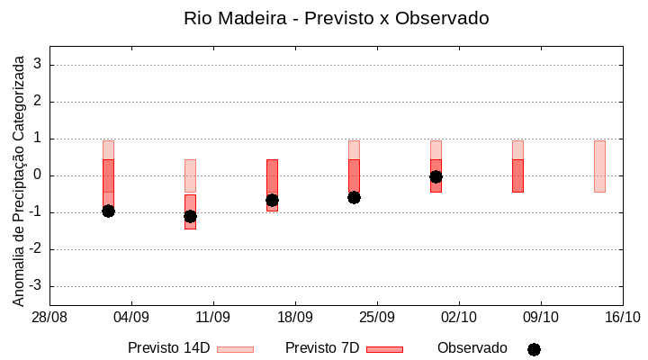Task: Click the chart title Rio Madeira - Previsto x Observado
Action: (336, 18)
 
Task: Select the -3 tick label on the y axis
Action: (36, 286)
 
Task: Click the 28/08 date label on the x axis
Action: (49, 318)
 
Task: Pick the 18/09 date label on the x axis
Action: (295, 318)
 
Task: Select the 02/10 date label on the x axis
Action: (459, 318)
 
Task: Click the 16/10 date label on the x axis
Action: (622, 318)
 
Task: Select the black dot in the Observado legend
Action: (534, 349)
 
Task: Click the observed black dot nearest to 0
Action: (436, 176)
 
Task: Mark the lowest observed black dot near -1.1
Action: (190, 216)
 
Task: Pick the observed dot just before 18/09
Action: (272, 200)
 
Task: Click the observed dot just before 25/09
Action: (354, 197)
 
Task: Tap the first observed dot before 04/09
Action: (108, 211)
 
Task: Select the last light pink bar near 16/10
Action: (599, 166)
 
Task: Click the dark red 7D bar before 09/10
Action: (517, 175)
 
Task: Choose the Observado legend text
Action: (472, 347)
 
